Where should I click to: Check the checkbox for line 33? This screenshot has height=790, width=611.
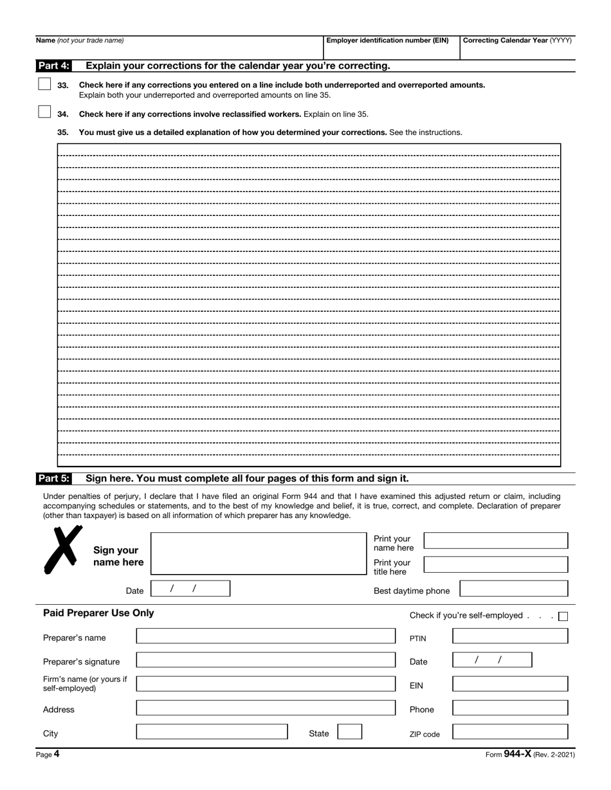tap(44, 84)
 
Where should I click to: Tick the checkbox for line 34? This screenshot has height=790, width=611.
tap(44, 112)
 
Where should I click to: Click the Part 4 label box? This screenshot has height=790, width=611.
tap(53, 66)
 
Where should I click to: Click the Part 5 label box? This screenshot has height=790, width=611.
tap(53, 478)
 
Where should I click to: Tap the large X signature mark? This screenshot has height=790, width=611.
tap(62, 550)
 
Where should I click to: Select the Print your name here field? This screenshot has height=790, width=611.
tap(496, 541)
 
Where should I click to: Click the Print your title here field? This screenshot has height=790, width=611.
tap(496, 564)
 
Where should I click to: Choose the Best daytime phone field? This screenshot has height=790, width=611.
tap(514, 589)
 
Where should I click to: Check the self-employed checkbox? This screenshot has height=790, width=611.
tap(563, 616)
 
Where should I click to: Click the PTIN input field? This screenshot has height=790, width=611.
tap(510, 636)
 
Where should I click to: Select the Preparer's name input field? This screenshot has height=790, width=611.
tap(266, 636)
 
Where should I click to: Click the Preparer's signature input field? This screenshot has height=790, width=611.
tap(266, 660)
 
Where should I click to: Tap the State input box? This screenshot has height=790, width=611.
tap(350, 732)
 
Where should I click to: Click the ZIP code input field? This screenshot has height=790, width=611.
tap(510, 732)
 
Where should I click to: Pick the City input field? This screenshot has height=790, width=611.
tap(212, 732)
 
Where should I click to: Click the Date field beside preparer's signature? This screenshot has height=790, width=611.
tap(492, 660)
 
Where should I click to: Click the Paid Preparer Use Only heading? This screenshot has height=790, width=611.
tap(98, 613)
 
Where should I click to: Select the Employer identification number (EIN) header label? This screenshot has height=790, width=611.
tap(387, 40)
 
